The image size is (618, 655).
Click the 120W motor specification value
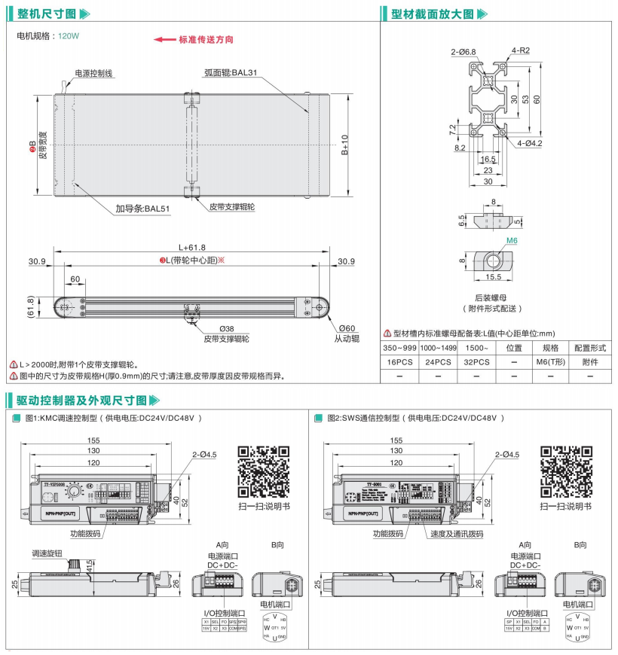pyautogui.click(x=69, y=35)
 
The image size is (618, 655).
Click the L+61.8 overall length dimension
pyautogui.click(x=191, y=247)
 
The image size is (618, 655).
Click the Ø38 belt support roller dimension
pyautogui.click(x=226, y=328)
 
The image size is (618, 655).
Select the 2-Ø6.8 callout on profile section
pyautogui.click(x=463, y=52)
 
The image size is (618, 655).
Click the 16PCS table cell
pyautogui.click(x=400, y=362)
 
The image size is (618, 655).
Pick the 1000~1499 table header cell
pyautogui.click(x=438, y=349)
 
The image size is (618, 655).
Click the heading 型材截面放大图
pyautogui.click(x=433, y=14)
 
